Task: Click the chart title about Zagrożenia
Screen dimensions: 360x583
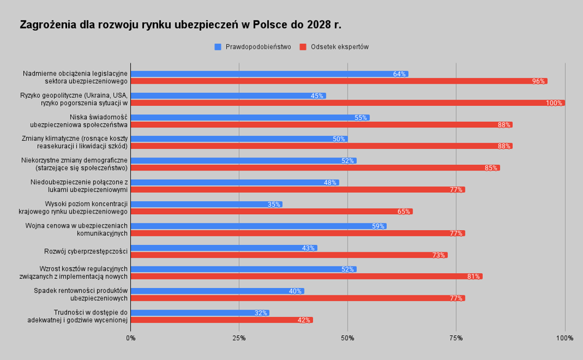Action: tap(180, 25)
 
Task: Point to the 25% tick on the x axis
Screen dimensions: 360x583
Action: tap(239, 338)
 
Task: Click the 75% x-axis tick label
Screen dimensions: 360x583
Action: tap(456, 338)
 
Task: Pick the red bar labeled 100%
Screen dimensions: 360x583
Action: tap(347, 103)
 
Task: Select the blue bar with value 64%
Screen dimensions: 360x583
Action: tap(269, 74)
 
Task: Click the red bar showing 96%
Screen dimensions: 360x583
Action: tap(338, 81)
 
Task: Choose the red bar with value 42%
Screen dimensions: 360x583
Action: tap(221, 320)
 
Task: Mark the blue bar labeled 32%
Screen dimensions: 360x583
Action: tap(199, 313)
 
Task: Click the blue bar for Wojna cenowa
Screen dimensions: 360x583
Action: tap(258, 226)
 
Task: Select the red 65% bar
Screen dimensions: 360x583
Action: tap(271, 211)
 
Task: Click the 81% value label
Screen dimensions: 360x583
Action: tap(474, 277)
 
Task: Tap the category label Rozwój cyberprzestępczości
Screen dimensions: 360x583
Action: tap(85, 251)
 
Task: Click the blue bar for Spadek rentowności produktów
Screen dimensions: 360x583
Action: tap(217, 291)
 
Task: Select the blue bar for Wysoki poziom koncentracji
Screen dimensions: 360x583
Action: tap(206, 204)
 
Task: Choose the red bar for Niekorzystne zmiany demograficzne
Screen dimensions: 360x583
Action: tap(315, 168)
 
